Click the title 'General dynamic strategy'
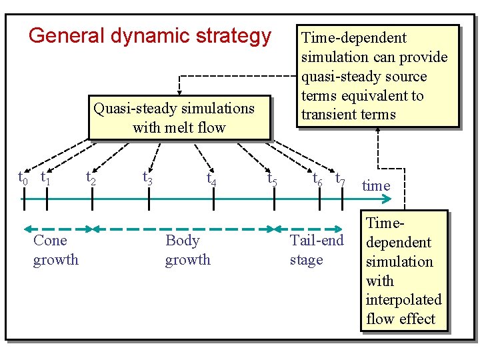(x=150, y=35)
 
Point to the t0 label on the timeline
(x=23, y=178)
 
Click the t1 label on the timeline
(x=46, y=178)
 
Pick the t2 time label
(x=91, y=178)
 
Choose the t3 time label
(x=148, y=178)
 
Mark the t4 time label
(x=211, y=179)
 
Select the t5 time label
(x=272, y=179)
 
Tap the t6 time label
(x=318, y=179)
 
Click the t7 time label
(x=340, y=179)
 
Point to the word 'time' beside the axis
(x=376, y=185)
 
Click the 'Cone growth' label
(x=55, y=250)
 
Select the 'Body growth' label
(x=187, y=250)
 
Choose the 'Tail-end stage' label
(x=316, y=250)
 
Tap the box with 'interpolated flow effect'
(x=403, y=271)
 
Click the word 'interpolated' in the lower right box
(x=403, y=300)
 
